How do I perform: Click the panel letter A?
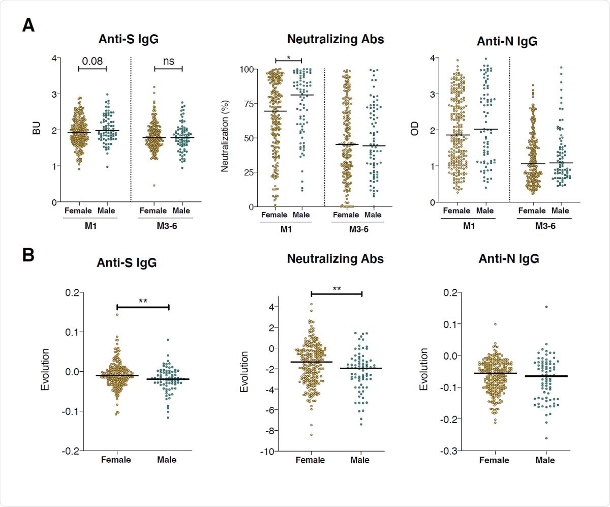(x=28, y=25)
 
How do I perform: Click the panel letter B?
(x=28, y=253)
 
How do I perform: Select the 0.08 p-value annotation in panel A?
(x=92, y=61)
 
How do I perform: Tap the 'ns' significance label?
(x=168, y=61)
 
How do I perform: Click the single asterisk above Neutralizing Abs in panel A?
(x=288, y=58)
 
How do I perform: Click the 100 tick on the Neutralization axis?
(x=247, y=69)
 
